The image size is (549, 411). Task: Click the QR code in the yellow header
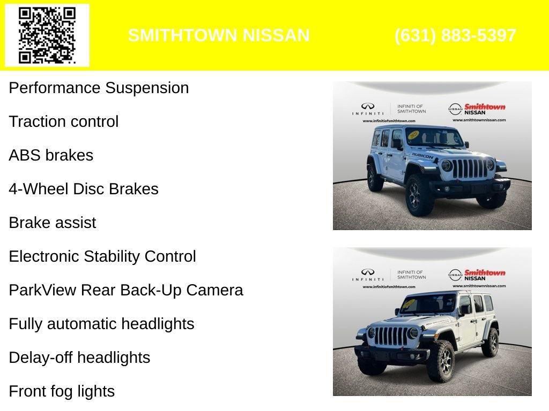point(47,35)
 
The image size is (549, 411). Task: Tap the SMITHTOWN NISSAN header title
point(219,35)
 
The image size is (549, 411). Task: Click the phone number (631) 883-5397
point(455,35)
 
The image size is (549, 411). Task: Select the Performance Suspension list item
point(99,88)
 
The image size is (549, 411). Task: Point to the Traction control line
point(63,121)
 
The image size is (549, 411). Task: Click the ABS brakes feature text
point(51,155)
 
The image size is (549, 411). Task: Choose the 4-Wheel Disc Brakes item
point(84,189)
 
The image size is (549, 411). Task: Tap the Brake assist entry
point(53,223)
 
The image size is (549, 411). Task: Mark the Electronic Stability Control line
point(102,256)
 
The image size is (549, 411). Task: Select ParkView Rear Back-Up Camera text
point(126,290)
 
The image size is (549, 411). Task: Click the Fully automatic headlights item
point(101,324)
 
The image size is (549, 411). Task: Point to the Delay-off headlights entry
point(79,357)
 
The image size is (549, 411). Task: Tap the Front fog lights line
point(62,391)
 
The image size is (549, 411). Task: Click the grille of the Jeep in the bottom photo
point(390,336)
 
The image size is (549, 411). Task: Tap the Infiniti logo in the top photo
point(368,107)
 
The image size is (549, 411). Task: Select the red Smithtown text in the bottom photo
point(485,272)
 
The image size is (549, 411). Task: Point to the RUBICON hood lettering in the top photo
point(422,155)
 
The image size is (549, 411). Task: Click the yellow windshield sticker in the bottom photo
point(409,303)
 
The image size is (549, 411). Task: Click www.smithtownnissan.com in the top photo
point(479,120)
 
